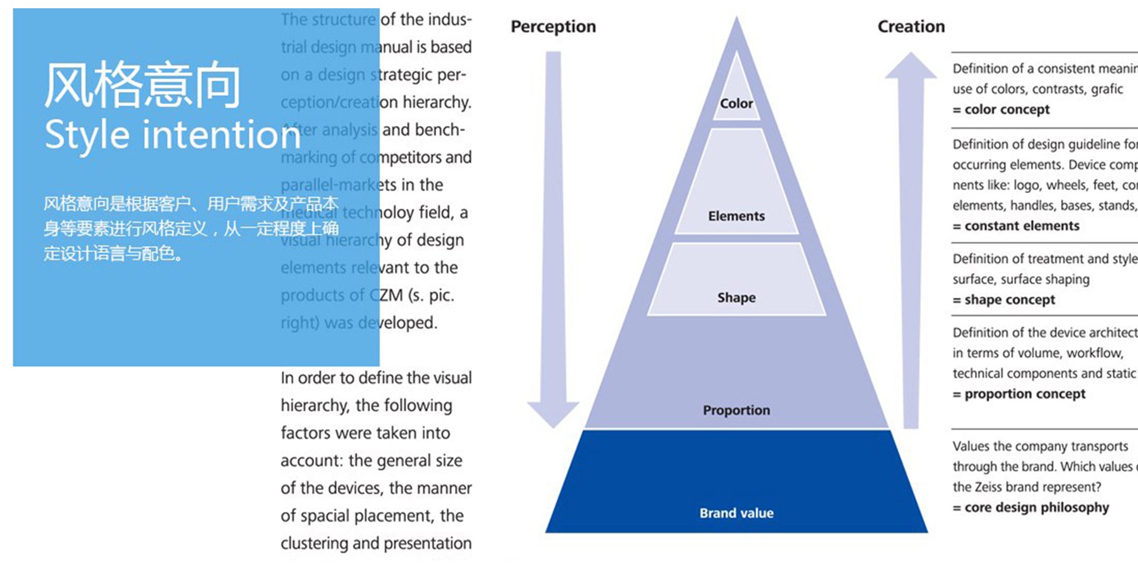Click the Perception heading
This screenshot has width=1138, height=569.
point(553,27)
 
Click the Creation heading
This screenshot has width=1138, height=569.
point(911,27)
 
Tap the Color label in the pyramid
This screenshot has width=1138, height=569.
point(736,104)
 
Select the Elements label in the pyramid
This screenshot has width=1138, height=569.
point(736,216)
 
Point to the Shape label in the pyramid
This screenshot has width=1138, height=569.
point(736,297)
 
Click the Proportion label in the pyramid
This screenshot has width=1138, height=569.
point(736,410)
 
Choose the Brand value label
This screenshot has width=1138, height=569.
point(736,513)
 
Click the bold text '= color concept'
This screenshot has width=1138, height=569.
point(1001,110)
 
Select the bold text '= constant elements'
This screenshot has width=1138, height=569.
point(1016,226)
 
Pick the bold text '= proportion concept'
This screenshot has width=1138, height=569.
point(1019,394)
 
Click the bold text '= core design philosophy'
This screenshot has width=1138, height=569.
point(1031,508)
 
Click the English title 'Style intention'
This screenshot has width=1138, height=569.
point(172,135)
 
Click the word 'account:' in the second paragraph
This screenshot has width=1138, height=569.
point(312,461)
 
